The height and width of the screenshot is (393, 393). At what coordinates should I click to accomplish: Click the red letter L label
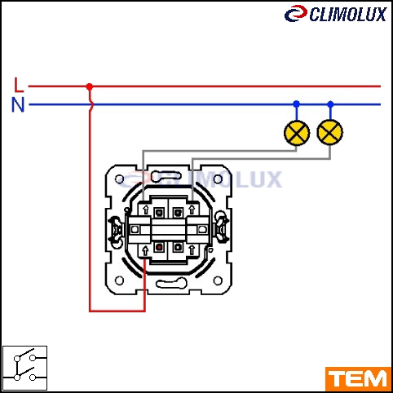19,85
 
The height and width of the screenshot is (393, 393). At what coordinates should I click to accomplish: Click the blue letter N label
18,104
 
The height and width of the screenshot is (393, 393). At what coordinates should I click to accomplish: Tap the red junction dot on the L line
90,86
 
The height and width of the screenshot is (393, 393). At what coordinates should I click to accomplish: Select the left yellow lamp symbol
297,133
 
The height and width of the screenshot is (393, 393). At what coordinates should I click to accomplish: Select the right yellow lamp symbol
330,132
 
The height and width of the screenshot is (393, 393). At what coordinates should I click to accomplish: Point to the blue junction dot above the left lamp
297,104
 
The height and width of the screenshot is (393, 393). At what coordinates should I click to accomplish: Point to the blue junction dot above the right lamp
330,104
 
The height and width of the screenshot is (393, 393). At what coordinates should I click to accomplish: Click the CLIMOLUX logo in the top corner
335,14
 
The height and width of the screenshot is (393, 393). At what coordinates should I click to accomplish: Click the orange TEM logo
358,379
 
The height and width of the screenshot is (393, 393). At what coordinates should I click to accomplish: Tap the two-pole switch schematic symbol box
24,368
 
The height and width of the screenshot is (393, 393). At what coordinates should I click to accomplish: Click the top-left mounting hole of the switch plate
119,179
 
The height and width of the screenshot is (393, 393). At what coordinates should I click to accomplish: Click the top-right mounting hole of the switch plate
218,179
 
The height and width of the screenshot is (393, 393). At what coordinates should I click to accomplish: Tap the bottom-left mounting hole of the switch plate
119,280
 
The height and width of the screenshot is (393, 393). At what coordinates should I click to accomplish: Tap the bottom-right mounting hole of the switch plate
218,280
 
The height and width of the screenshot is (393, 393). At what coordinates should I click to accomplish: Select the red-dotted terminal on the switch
159,247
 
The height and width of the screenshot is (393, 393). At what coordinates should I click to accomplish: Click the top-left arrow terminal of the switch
146,210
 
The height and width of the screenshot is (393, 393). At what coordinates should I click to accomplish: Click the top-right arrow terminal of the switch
192,210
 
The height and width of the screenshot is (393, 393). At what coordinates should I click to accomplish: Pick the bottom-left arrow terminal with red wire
145,250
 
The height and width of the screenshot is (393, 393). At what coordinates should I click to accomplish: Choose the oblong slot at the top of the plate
166,176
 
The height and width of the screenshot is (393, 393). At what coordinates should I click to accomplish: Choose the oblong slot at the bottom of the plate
171,284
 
